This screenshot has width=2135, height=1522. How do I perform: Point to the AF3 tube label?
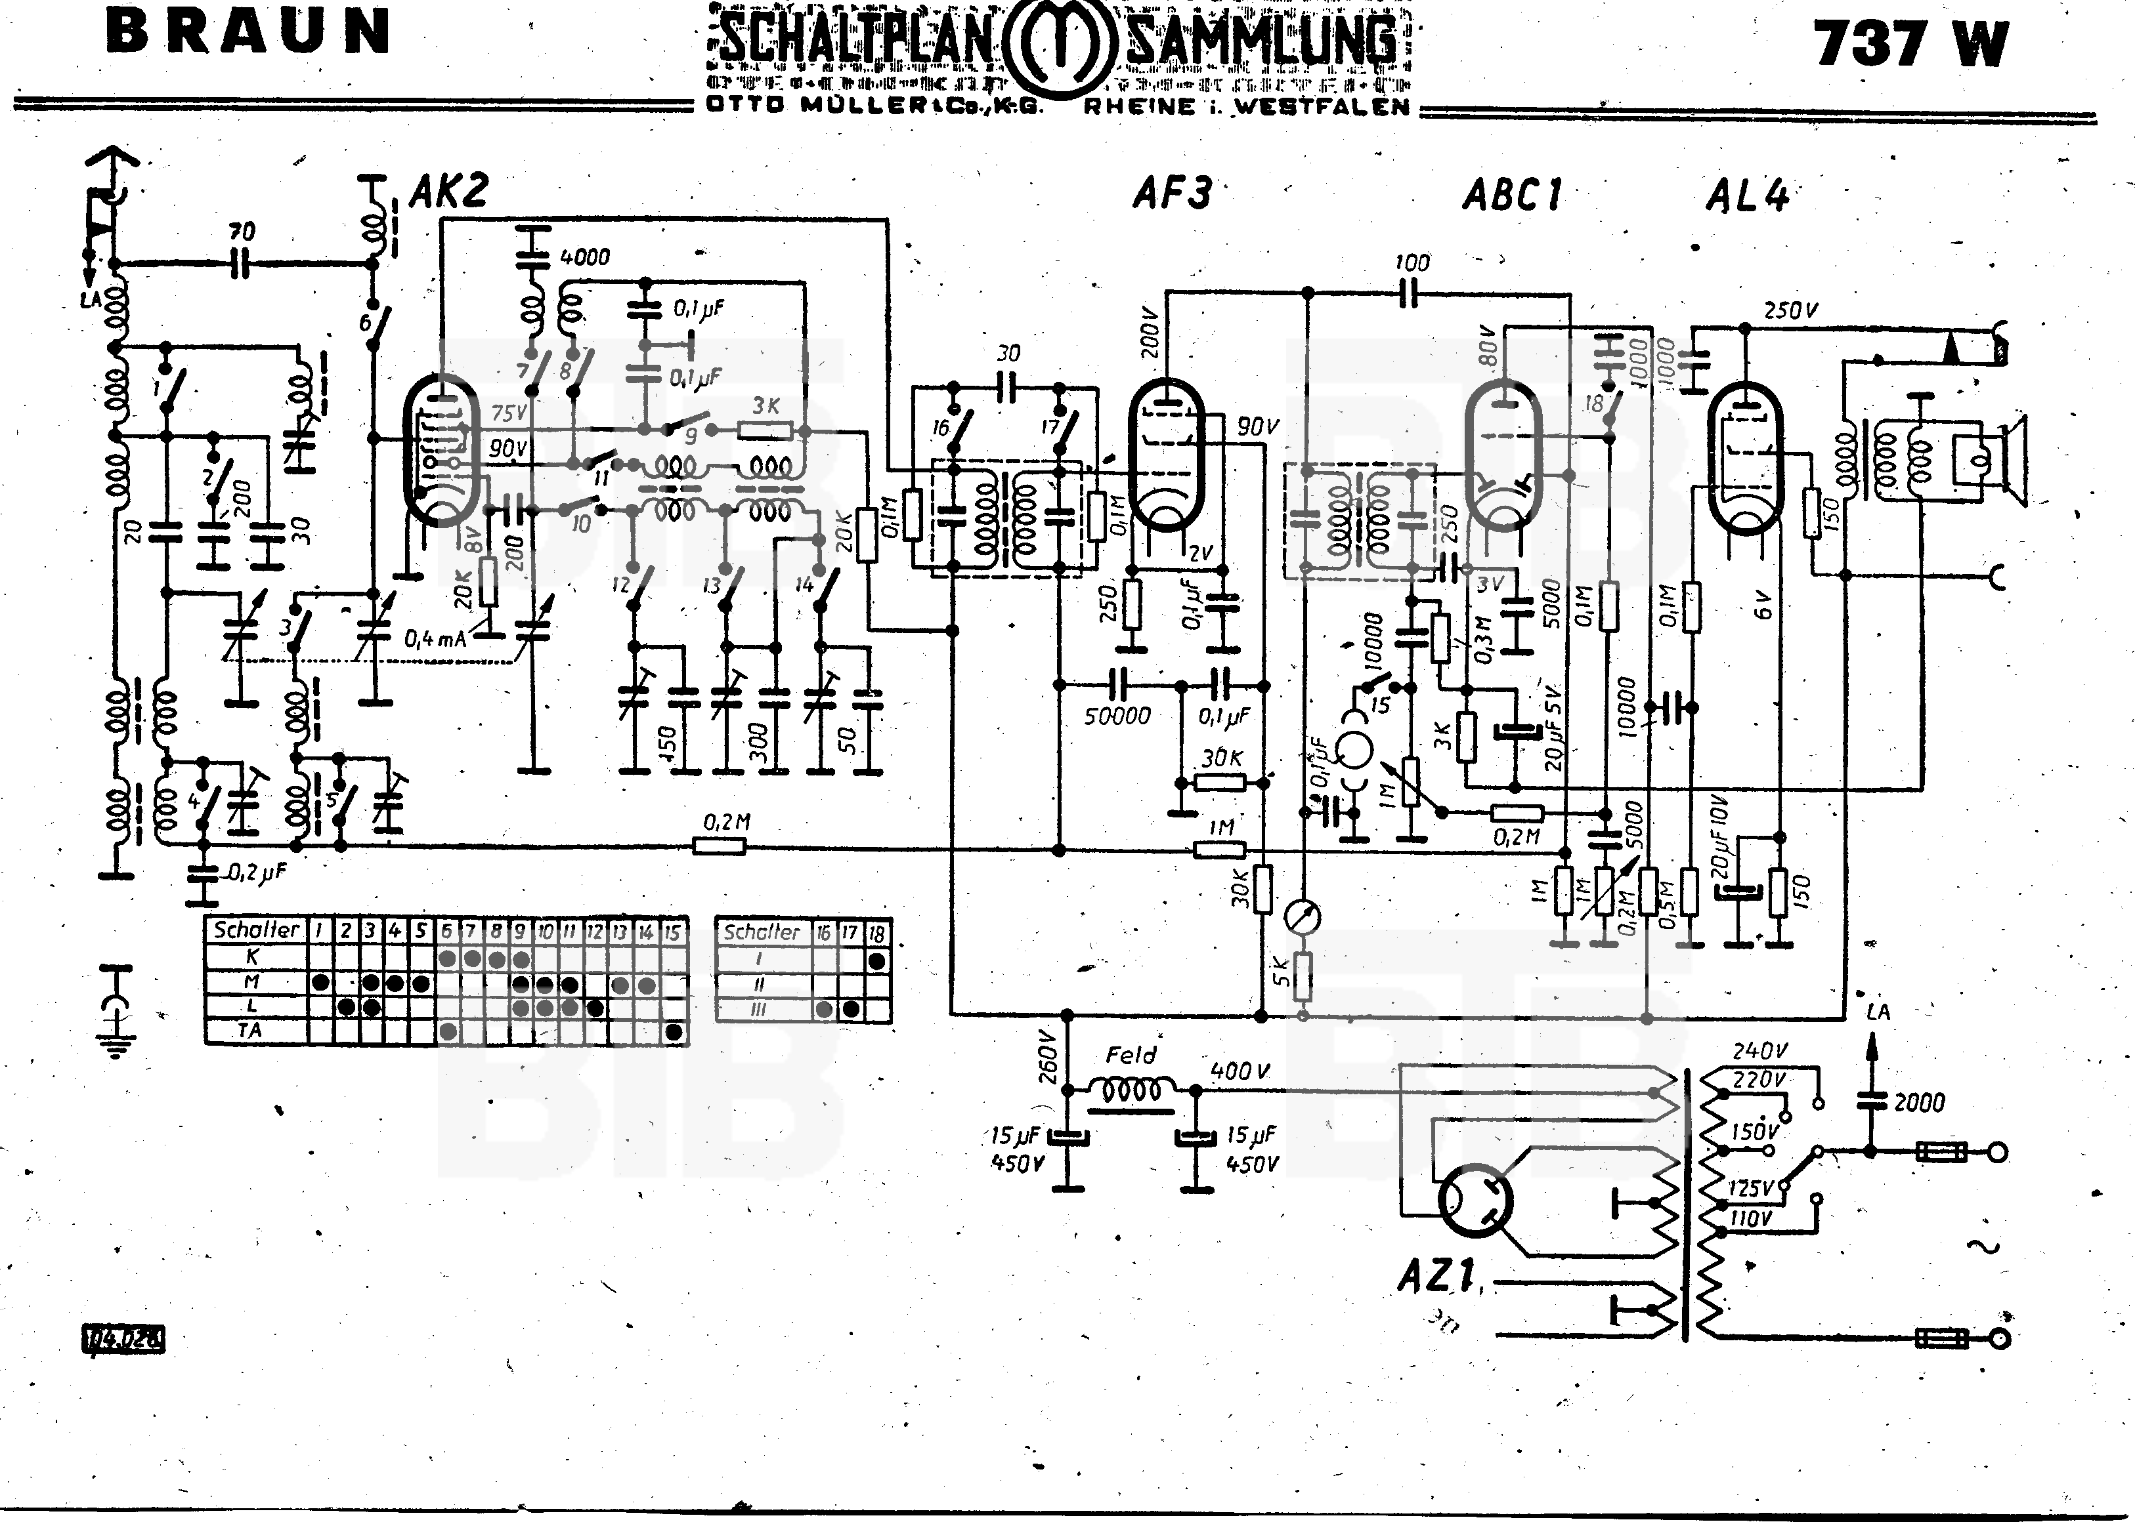tap(1171, 194)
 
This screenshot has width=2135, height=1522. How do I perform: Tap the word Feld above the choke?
tap(1131, 1056)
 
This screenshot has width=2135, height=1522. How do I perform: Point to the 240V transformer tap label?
tap(1759, 1052)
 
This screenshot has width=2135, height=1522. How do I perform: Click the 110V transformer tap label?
tap(1750, 1218)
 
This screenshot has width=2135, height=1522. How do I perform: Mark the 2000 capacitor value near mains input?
tap(1918, 1103)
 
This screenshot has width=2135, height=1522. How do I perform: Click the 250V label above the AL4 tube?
tap(1791, 310)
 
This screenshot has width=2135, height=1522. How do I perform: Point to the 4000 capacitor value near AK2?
tap(584, 257)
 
